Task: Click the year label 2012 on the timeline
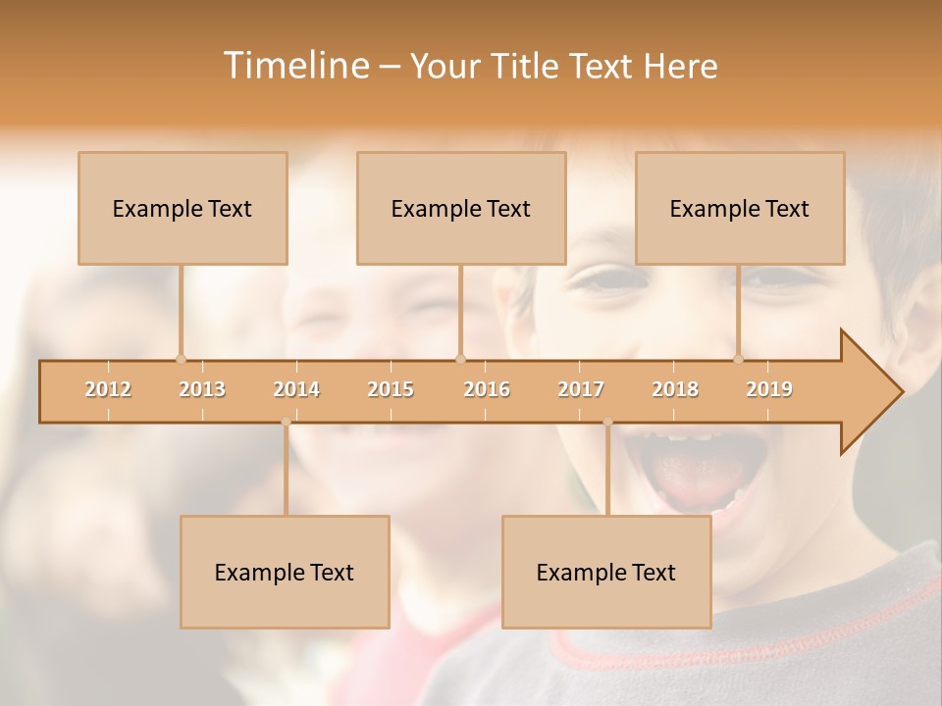(x=108, y=389)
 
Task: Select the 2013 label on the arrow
(x=202, y=389)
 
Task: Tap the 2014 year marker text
(x=296, y=389)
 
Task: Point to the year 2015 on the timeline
(x=391, y=389)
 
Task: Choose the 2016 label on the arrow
(x=487, y=389)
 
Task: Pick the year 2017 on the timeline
(x=581, y=389)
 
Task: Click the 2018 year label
(x=675, y=389)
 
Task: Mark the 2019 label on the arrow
(x=769, y=389)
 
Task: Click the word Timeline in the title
(x=293, y=66)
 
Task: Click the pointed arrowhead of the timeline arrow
(x=873, y=392)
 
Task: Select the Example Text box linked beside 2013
(x=183, y=208)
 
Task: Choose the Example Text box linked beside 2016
(x=461, y=208)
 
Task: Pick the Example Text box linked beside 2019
(x=740, y=208)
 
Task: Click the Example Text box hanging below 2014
(x=285, y=572)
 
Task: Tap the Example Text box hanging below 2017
(x=606, y=572)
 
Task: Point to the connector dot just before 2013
(x=181, y=359)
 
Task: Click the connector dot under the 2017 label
(x=607, y=422)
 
